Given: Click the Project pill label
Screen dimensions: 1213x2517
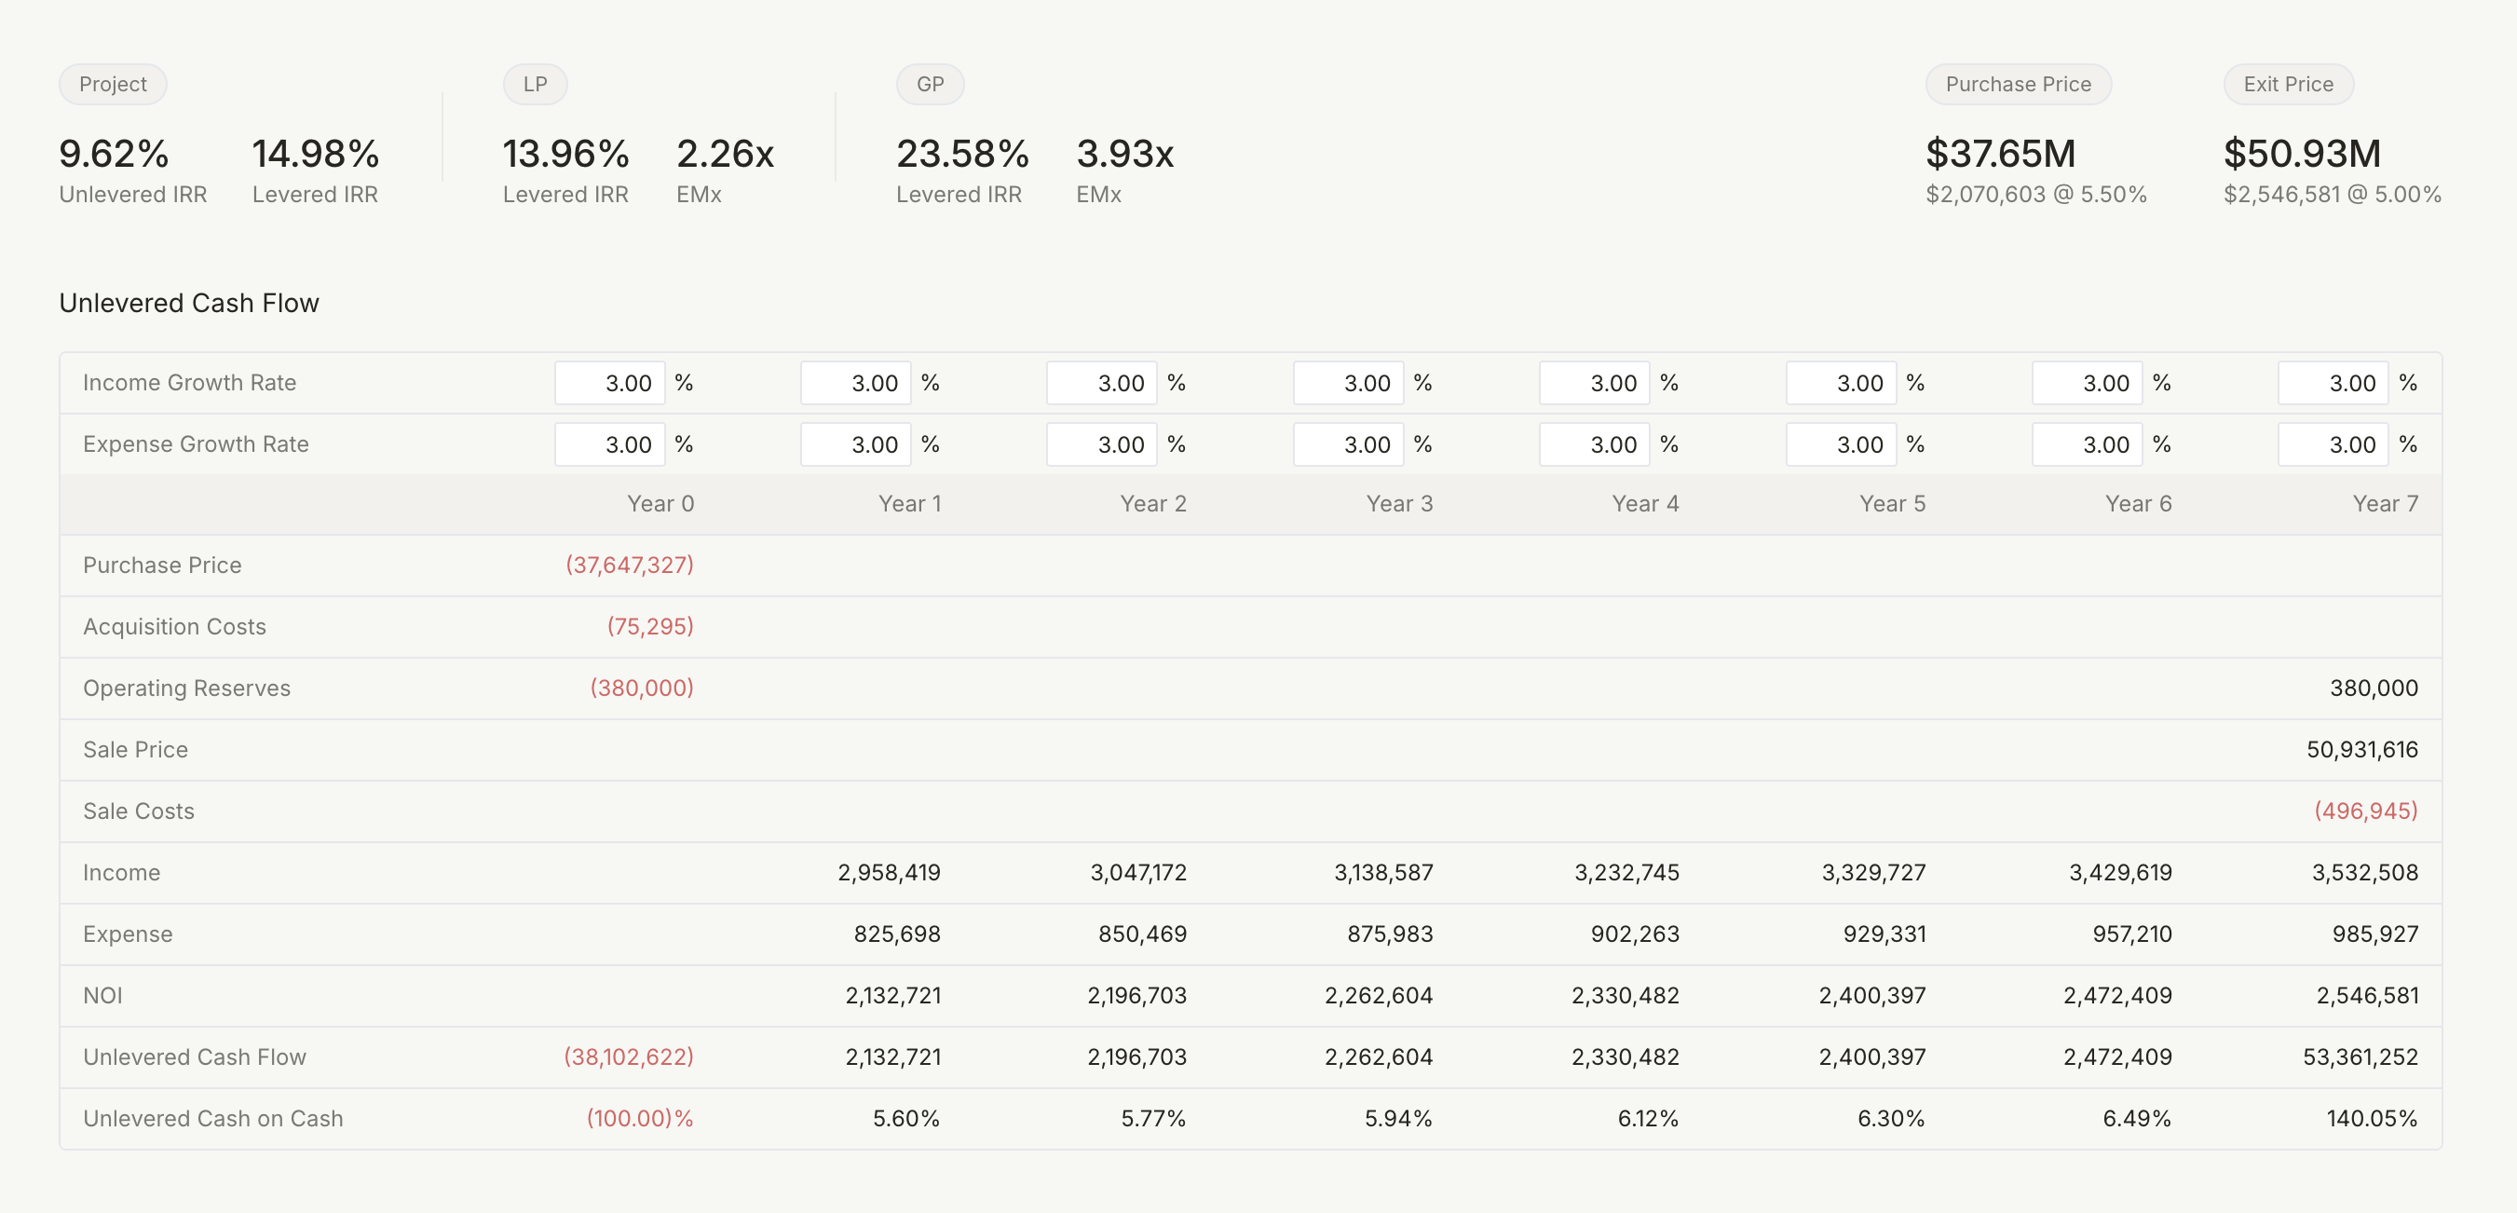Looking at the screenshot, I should click(113, 84).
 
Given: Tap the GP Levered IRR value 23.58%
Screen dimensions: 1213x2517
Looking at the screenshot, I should click(961, 154).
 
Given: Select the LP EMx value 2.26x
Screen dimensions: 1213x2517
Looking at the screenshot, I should click(724, 154).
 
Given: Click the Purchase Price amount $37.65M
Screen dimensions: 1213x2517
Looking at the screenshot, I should click(1999, 154).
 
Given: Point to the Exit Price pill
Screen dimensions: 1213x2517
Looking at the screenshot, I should click(2288, 84).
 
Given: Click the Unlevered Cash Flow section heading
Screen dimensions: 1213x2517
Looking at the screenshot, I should click(188, 303).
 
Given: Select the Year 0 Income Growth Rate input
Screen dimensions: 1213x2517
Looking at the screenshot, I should click(610, 383).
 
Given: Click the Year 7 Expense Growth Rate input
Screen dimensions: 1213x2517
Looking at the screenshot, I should click(2333, 444).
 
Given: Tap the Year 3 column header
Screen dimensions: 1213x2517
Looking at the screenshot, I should click(1398, 503).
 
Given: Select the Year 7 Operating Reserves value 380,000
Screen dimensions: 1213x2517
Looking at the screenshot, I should click(2373, 688).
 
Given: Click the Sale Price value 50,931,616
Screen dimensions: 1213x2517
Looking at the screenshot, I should click(2361, 750).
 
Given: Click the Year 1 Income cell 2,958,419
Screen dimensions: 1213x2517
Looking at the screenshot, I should click(888, 872).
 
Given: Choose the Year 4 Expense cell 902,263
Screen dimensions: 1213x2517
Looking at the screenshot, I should click(1634, 934).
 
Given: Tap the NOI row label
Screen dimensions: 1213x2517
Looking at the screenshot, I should click(102, 995).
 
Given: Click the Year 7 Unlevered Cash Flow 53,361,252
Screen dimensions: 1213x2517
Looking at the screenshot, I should click(2359, 1056).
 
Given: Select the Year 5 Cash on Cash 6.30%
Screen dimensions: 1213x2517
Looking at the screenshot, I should click(1890, 1118).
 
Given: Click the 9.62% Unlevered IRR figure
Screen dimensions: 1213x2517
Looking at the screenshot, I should click(114, 154).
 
